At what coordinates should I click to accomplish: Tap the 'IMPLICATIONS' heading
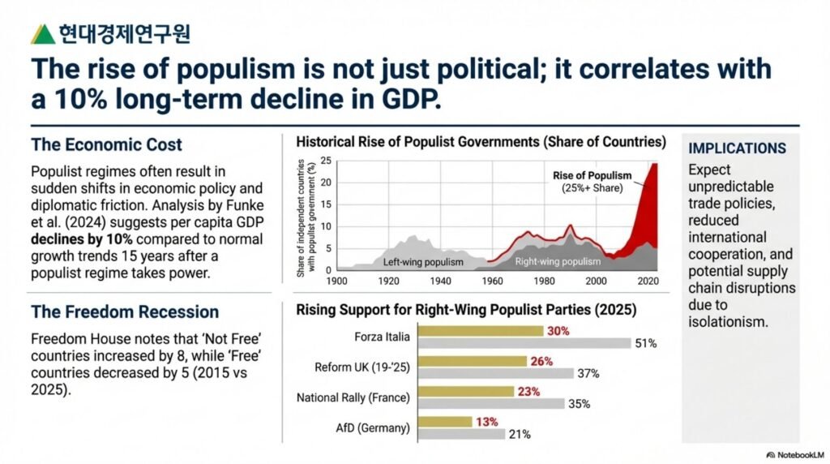(737, 148)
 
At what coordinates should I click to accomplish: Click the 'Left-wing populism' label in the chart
(422, 262)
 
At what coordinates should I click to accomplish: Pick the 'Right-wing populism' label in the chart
(558, 262)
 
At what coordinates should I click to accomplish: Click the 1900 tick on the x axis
(336, 281)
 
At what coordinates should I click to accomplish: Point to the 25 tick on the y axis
(325, 160)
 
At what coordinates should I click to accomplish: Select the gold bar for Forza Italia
(484, 331)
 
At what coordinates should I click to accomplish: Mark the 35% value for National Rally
(580, 403)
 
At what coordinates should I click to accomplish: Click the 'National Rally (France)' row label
(353, 397)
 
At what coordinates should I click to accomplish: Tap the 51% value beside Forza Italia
(645, 343)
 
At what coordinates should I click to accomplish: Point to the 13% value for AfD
(486, 422)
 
